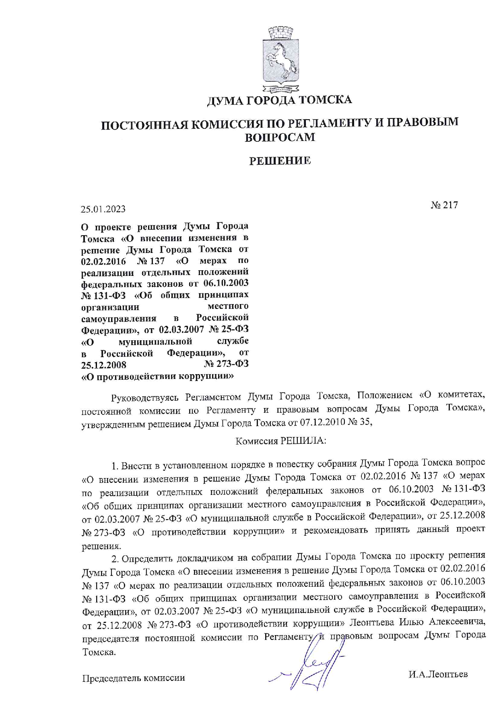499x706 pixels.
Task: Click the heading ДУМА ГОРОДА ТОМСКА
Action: click(279, 99)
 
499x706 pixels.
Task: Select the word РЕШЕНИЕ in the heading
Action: click(280, 161)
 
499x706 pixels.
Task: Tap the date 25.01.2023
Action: click(103, 209)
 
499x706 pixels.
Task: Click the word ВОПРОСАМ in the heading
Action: click(280, 138)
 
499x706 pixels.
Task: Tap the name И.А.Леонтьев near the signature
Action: click(438, 674)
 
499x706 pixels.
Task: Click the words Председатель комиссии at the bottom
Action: click(134, 678)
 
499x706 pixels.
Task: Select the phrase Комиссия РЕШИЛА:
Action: click(280, 441)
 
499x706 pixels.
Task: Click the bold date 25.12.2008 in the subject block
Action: click(104, 365)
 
